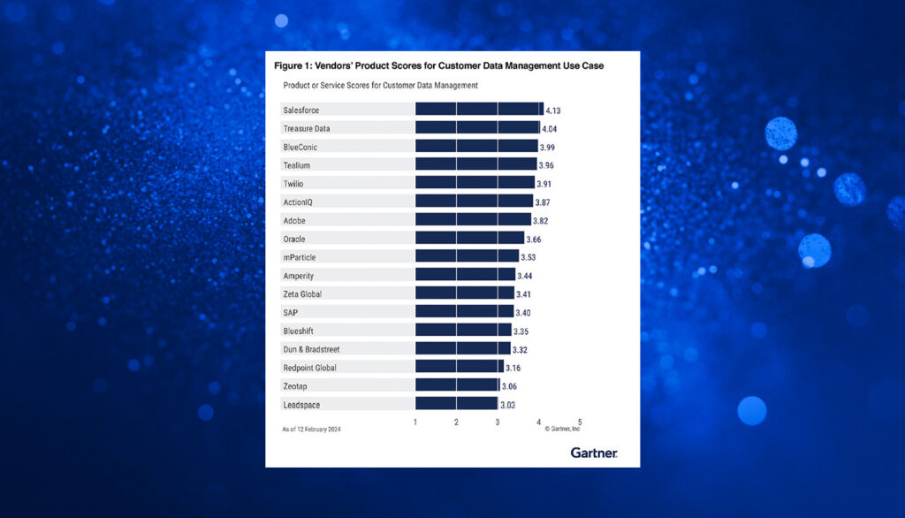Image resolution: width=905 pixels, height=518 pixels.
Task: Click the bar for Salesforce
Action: [x=479, y=109]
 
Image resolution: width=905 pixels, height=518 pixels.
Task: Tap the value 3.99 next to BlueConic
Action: [x=551, y=147]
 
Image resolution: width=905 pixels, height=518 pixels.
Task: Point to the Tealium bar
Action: [x=475, y=164]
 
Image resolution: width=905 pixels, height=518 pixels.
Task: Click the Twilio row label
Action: [x=295, y=183]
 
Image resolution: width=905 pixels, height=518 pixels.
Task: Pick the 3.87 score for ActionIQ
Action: [x=547, y=202]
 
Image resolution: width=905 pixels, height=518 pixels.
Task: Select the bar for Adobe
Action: [x=473, y=220]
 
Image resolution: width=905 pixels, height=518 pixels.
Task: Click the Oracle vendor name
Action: [x=295, y=239]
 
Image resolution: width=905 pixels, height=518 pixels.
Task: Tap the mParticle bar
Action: [x=467, y=256]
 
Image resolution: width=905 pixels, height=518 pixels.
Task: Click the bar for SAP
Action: [x=464, y=312]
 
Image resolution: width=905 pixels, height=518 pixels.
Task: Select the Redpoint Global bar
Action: [x=459, y=367]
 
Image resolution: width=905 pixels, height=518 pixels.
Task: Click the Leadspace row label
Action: [x=302, y=404]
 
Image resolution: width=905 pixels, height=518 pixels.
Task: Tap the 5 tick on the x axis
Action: [x=580, y=422]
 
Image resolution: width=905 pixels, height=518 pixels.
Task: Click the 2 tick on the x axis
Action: [x=456, y=422]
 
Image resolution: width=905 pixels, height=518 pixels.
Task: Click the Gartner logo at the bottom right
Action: [x=593, y=453]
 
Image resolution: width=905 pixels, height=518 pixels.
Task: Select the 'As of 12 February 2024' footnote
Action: [x=311, y=429]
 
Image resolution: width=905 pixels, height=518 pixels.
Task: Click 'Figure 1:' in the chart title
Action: [x=295, y=66]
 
